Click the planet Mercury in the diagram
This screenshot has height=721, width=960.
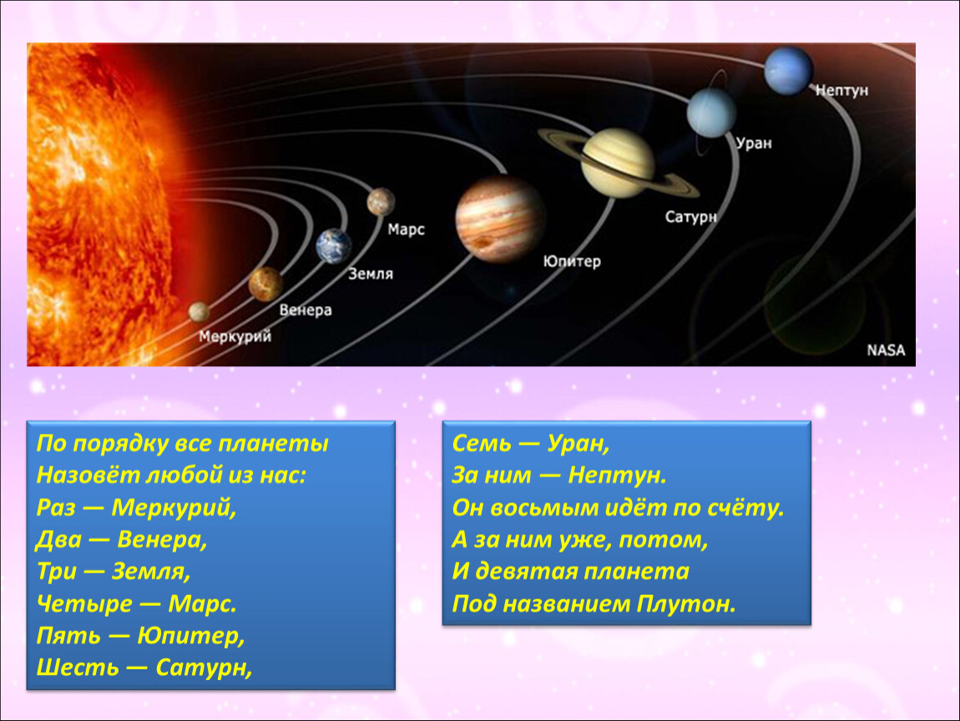coord(199,311)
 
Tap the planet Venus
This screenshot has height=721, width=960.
coord(265,285)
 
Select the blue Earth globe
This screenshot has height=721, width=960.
coord(334,245)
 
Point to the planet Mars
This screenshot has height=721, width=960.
coord(381,202)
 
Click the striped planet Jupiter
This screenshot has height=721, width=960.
coord(500,219)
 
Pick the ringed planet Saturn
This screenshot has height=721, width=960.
coord(619,163)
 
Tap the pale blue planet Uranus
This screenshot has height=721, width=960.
coord(710,113)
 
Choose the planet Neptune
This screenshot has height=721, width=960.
coord(789,70)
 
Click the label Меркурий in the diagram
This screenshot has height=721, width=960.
coord(235,336)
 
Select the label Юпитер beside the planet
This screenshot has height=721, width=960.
coord(572,261)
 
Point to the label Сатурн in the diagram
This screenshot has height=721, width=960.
coord(690,217)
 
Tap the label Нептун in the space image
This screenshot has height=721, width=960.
coord(841,90)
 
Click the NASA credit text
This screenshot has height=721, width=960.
coord(886,350)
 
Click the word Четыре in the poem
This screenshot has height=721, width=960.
coord(84,604)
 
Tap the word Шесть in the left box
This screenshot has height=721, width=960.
coord(78,667)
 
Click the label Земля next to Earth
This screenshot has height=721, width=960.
coord(371,275)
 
